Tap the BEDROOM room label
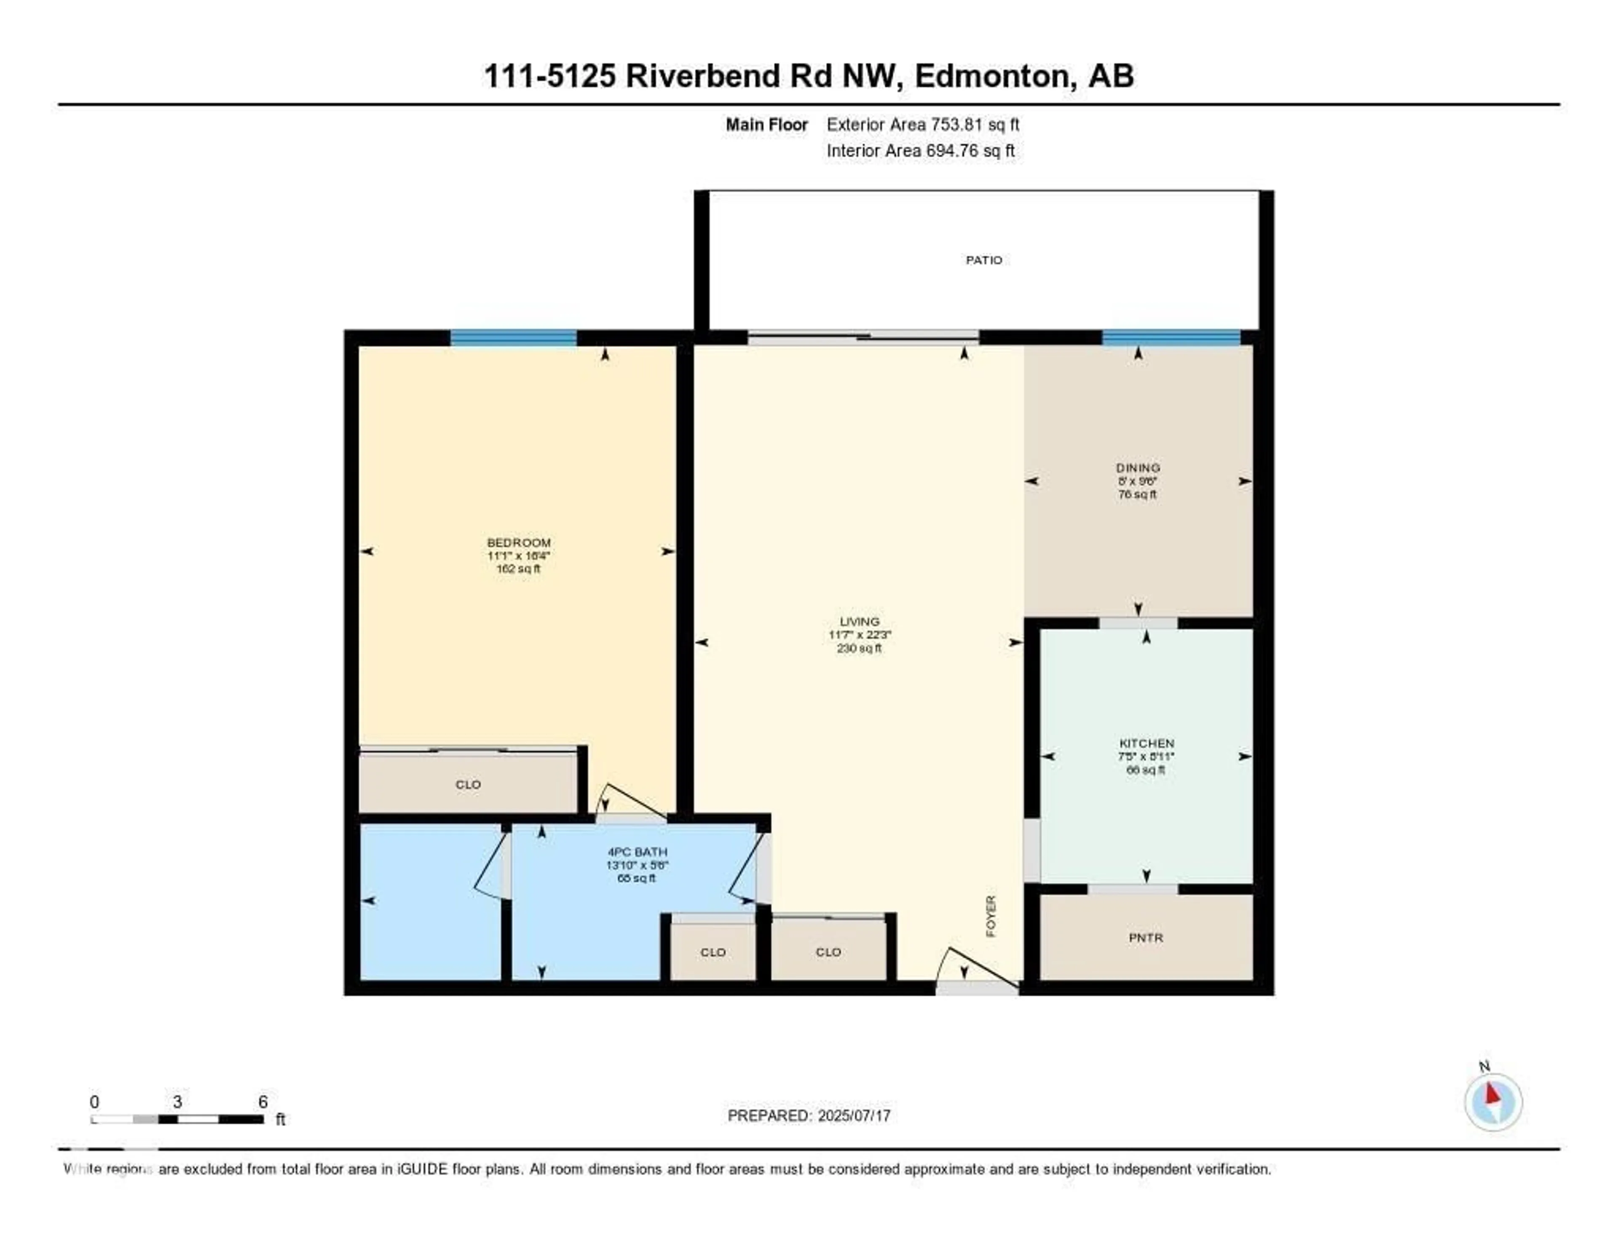pos(519,542)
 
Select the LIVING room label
pos(860,622)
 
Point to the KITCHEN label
pos(1146,743)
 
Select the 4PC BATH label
pos(637,852)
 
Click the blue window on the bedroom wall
pos(513,338)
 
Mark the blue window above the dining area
pos(1171,338)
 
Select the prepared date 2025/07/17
pos(853,1115)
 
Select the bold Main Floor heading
pos(766,124)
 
